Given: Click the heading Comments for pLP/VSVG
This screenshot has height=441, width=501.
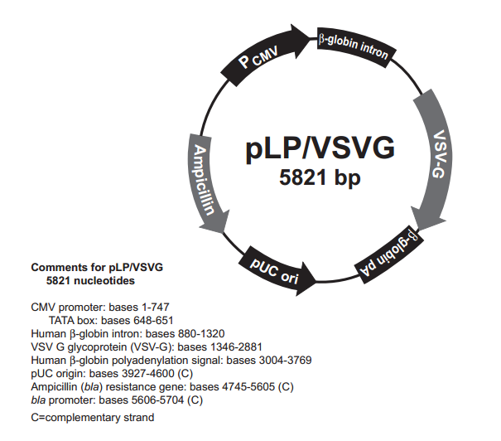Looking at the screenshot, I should pyautogui.click(x=97, y=268).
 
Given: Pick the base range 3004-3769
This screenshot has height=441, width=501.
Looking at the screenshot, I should pyautogui.click(x=282, y=361).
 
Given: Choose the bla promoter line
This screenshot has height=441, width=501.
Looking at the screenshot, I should pyautogui.click(x=117, y=400).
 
